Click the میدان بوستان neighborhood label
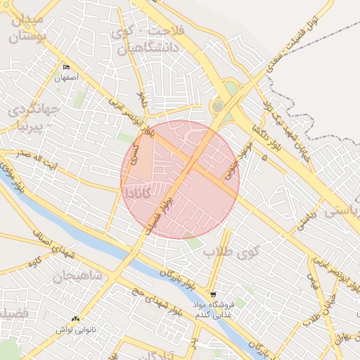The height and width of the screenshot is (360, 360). [x=28, y=26]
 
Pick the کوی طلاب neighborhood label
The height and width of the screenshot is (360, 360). [x=231, y=250]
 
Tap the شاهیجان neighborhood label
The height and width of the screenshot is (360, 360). [x=79, y=275]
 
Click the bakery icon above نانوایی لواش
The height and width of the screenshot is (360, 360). [x=75, y=319]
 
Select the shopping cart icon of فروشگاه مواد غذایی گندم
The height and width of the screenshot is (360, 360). [x=213, y=294]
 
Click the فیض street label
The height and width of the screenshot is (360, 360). [x=311, y=281]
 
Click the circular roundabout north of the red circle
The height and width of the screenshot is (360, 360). [x=219, y=106]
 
